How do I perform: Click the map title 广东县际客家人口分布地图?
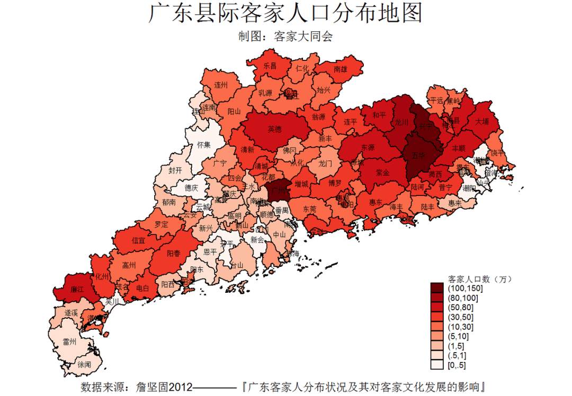[x=285, y=14]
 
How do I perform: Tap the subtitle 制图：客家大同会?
[x=285, y=37]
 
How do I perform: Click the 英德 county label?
[x=274, y=129]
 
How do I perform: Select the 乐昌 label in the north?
[x=270, y=66]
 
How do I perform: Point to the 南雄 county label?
[x=341, y=69]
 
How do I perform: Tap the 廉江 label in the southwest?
[x=77, y=290]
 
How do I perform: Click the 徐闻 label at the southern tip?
[x=84, y=365]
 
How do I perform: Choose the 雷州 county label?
[x=69, y=343]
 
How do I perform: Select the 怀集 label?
[x=204, y=144]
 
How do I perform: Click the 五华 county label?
[x=418, y=155]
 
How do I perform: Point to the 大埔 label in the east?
[x=482, y=121]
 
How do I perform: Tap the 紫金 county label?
[x=383, y=173]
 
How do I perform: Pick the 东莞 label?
[x=310, y=209]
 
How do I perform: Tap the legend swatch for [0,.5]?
[x=437, y=365]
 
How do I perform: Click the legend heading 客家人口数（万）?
[x=480, y=278]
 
